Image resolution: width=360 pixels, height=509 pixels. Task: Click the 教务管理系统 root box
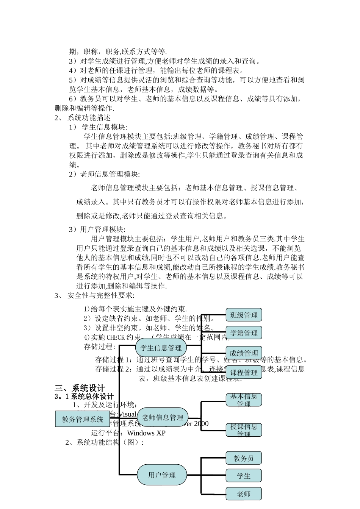83,419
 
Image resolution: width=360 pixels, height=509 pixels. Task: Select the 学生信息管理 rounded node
161,347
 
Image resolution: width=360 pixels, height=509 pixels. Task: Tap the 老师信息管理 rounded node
163,417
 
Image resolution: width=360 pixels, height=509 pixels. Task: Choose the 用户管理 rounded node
162,475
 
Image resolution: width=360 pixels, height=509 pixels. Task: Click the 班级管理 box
244,315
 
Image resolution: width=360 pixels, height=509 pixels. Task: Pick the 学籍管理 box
244,333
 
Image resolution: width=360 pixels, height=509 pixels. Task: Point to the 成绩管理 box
244,353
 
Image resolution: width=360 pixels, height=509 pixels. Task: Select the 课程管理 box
244,373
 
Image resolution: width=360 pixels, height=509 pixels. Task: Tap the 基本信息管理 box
244,400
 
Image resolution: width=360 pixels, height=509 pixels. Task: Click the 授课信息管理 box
244,430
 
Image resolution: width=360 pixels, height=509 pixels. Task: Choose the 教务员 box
244,458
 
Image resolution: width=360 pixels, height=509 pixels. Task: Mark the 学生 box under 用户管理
244,476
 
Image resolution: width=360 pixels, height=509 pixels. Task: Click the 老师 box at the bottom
244,494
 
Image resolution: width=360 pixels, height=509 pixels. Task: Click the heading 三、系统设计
80,388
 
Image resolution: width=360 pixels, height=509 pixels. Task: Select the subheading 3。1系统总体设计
84,397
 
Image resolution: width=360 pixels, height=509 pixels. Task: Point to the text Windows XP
146,433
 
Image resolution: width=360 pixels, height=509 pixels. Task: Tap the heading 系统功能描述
89,118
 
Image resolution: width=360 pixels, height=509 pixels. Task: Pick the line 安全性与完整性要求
100,295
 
